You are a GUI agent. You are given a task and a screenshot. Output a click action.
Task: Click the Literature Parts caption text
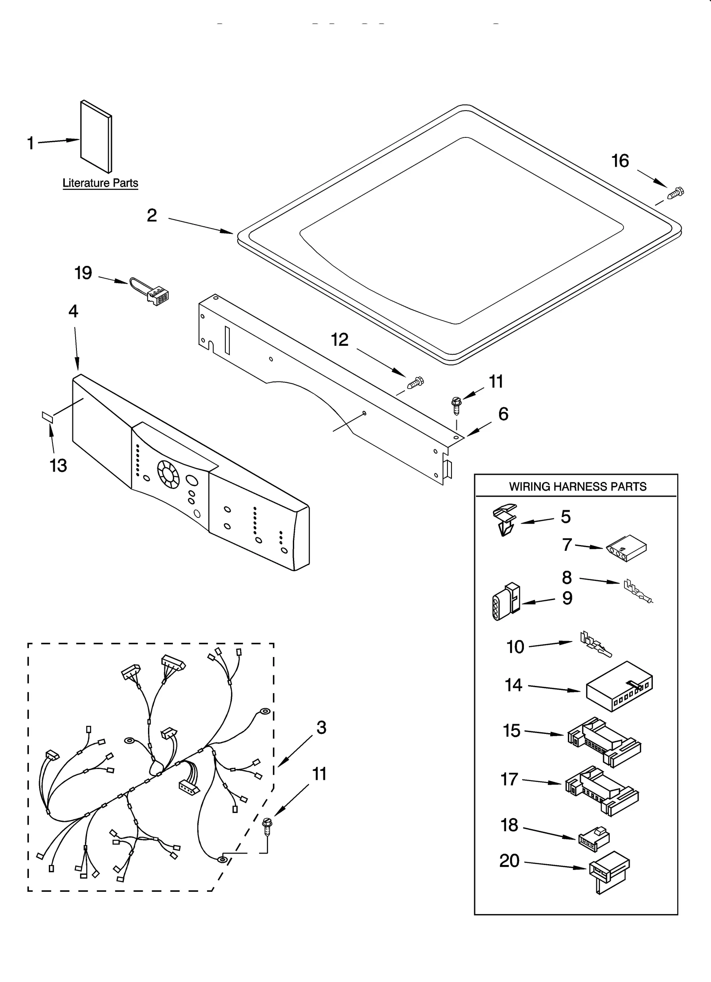click(x=100, y=183)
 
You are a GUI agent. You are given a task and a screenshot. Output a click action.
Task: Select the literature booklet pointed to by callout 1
click(x=96, y=136)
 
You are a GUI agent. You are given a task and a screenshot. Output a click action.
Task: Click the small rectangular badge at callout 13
click(x=47, y=416)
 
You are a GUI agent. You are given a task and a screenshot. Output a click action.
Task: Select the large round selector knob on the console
click(x=168, y=473)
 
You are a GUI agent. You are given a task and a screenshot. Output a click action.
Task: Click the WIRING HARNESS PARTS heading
click(x=577, y=486)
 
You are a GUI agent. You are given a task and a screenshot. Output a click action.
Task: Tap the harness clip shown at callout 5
click(x=505, y=519)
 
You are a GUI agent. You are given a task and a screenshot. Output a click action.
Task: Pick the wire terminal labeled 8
click(x=636, y=592)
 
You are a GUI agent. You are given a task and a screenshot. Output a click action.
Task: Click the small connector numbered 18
click(x=594, y=837)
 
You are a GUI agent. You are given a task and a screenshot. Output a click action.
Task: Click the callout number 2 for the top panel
click(x=152, y=216)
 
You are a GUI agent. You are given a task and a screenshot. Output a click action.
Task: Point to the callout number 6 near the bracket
click(x=503, y=414)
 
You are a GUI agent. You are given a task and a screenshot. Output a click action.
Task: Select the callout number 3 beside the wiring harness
click(x=321, y=728)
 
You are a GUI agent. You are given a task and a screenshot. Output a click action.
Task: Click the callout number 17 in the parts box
click(x=509, y=780)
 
